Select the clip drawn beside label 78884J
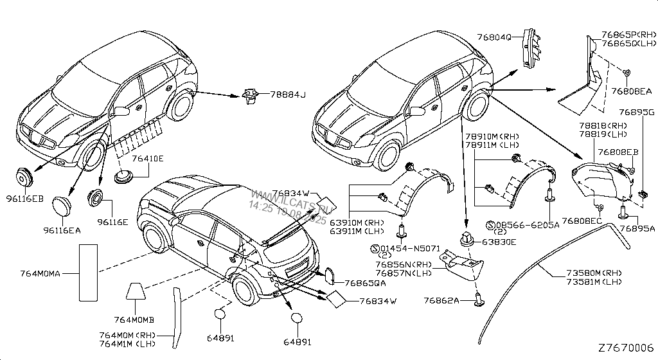[x=251, y=97]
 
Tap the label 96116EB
[x=26, y=199]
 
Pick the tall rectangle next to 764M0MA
[x=87, y=273]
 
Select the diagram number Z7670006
[x=625, y=348]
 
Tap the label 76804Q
[x=494, y=37]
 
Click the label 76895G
[x=636, y=113]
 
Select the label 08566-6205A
[x=527, y=226]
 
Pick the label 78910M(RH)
[x=492, y=137]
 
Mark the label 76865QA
[x=365, y=282]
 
